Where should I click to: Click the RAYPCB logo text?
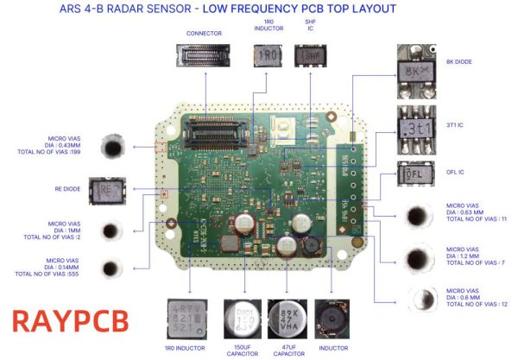(x=71, y=320)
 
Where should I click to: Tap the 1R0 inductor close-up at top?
(x=268, y=55)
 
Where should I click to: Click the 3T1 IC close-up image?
(x=418, y=126)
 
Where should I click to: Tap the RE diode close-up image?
(x=112, y=188)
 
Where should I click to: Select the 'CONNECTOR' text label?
(x=204, y=33)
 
